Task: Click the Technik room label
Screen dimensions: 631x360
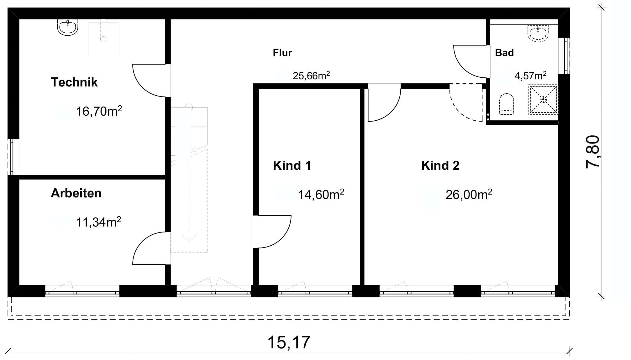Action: point(74,82)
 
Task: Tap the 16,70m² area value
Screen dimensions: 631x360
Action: point(99,111)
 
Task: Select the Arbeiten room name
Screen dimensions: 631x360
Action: point(76,193)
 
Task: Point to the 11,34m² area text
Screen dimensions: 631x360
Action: point(98,222)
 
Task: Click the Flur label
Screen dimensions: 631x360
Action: point(282,53)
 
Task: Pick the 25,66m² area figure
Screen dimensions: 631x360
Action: point(311,76)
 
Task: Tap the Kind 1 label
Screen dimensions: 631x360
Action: point(292,166)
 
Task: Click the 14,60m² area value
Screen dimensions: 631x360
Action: point(321,195)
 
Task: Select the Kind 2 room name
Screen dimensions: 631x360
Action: point(440,166)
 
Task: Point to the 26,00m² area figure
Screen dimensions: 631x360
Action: point(469,195)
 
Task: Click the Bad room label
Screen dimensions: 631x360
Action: point(504,53)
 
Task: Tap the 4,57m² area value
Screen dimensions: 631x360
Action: point(531,76)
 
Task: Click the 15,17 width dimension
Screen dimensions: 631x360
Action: point(289,342)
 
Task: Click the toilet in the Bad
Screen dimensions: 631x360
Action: point(506,104)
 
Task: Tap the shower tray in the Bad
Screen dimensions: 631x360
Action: point(543,99)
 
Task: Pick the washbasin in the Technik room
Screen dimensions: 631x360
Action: point(68,27)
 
